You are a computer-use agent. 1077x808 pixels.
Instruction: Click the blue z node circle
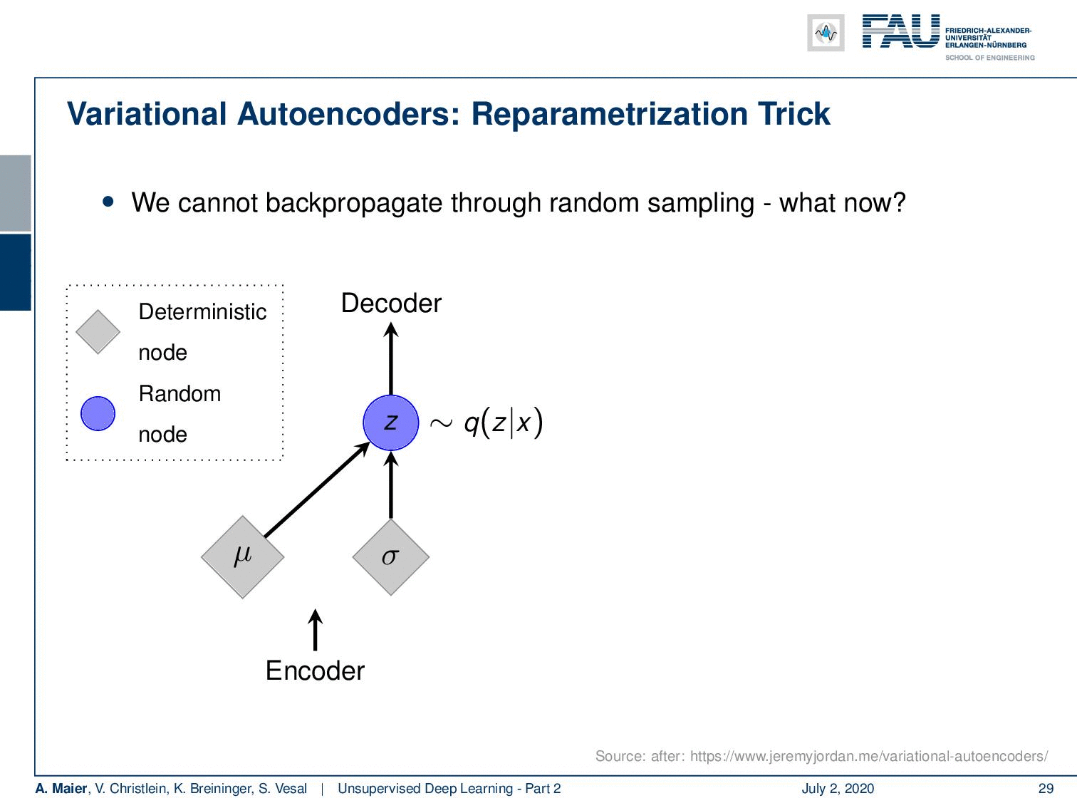point(390,423)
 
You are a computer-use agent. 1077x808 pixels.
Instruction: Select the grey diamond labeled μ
point(242,556)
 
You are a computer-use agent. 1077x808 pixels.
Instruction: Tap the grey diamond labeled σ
point(390,556)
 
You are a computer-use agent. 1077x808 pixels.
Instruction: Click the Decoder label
point(391,304)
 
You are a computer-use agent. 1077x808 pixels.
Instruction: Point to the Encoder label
point(315,670)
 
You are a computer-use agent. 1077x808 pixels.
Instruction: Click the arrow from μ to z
point(317,489)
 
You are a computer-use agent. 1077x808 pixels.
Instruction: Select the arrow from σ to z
point(390,485)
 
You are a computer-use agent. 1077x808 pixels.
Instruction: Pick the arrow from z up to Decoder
point(390,358)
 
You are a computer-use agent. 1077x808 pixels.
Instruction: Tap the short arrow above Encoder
point(315,630)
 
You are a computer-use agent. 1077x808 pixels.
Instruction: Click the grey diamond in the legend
point(98,331)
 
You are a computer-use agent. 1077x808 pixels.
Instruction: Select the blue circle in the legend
point(98,413)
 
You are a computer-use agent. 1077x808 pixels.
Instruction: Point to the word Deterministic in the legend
point(202,312)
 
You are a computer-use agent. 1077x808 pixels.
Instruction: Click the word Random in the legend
point(179,393)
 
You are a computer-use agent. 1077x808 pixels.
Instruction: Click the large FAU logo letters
point(901,31)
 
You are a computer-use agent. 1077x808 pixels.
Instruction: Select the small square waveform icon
point(826,33)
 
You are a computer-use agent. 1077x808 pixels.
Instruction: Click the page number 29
point(1046,788)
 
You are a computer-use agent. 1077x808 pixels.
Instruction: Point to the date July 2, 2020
point(838,788)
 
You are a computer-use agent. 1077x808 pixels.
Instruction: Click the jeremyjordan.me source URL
point(869,756)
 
